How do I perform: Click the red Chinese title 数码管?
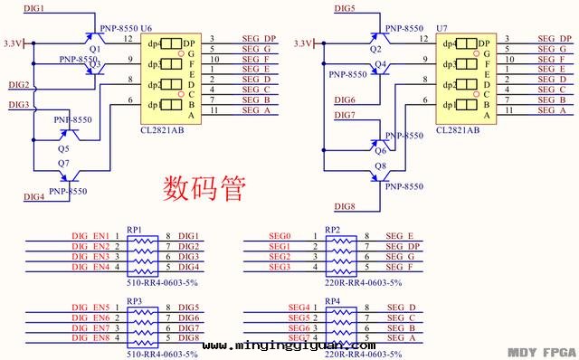coord(204,187)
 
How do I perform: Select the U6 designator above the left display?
coord(147,29)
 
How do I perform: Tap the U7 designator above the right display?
coord(441,29)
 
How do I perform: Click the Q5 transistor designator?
coord(62,147)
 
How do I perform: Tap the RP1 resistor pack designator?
coord(135,228)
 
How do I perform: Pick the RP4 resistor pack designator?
coord(332,300)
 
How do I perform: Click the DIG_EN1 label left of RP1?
coord(90,237)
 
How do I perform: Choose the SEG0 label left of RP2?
coord(279,237)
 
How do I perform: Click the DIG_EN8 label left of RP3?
coord(90,337)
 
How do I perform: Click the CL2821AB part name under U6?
coord(162,130)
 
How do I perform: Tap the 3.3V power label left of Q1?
coord(14,43)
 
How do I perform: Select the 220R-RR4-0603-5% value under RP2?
coord(359,282)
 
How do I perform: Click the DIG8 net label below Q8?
coord(345,206)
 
